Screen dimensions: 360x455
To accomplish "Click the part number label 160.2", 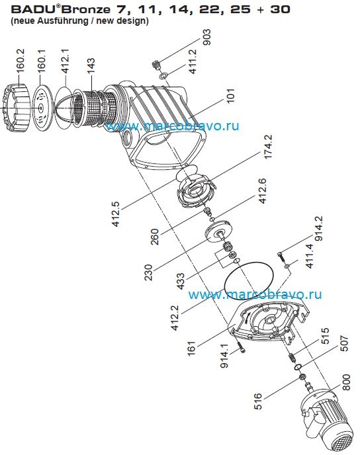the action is coord(21,60).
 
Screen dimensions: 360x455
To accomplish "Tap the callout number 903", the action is coord(206,37).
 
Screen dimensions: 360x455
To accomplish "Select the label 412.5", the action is coord(116,214).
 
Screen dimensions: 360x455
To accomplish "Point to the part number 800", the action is coord(346,382).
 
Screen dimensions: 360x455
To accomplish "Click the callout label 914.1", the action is coord(224,356).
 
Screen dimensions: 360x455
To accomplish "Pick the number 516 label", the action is coord(258,401).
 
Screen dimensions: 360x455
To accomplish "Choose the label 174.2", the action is coord(267,147).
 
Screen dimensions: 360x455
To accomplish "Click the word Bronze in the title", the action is coord(86,9).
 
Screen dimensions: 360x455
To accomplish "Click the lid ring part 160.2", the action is coord(15,107).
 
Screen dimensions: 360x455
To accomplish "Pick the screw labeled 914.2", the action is coord(281,256).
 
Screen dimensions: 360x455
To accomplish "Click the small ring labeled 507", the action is coord(298,367).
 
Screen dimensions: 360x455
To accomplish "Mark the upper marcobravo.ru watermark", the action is coord(172,126).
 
